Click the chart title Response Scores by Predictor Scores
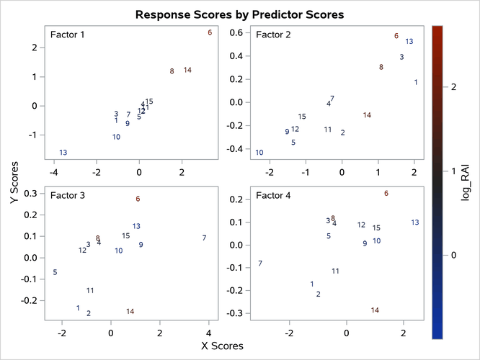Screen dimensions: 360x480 click(x=239, y=14)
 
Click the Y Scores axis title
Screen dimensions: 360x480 click(x=14, y=185)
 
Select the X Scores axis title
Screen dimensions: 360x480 click(x=223, y=346)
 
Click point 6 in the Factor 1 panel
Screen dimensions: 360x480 click(x=210, y=32)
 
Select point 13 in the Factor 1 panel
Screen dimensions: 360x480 click(x=63, y=153)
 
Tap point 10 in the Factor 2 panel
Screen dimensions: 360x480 click(x=259, y=153)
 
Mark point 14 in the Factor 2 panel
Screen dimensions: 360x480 click(x=367, y=115)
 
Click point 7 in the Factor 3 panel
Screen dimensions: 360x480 click(x=205, y=238)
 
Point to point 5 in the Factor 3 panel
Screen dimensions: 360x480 click(x=55, y=272)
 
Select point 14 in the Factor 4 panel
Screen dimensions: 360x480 click(x=375, y=310)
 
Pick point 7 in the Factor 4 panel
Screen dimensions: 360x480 click(x=260, y=264)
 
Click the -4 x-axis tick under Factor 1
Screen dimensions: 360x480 click(x=53, y=173)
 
